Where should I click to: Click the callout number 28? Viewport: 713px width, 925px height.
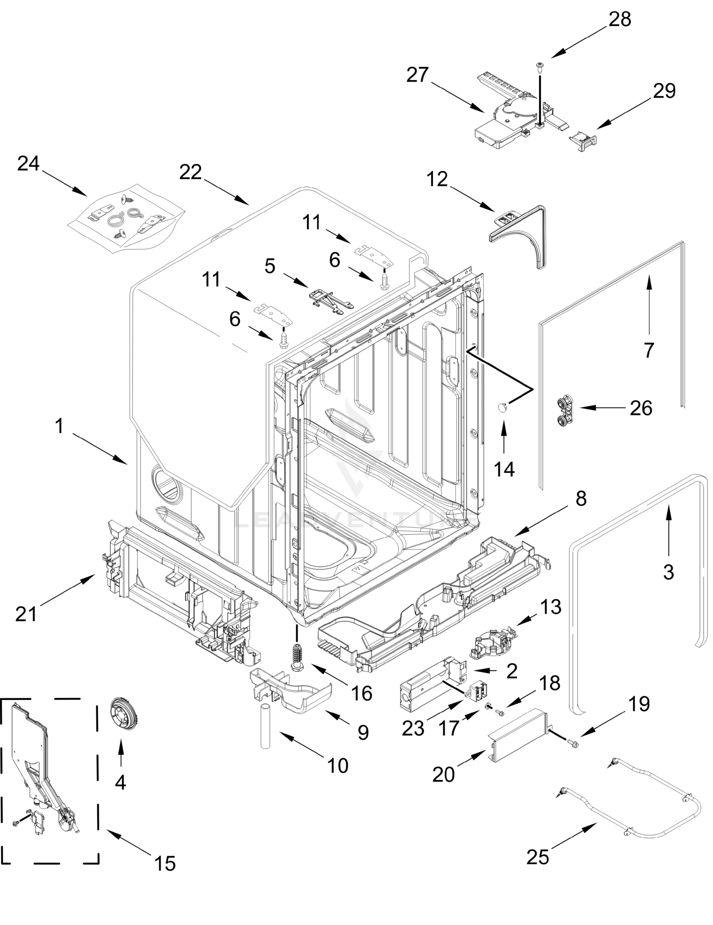(620, 20)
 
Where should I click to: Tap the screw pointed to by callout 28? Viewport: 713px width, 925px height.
(540, 67)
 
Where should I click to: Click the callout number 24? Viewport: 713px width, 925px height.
(29, 163)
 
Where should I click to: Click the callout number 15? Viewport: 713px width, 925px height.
(164, 863)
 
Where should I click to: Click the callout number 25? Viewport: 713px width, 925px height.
(537, 857)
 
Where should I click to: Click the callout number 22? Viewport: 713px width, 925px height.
(190, 172)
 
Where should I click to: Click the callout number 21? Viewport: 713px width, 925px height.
(26, 614)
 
